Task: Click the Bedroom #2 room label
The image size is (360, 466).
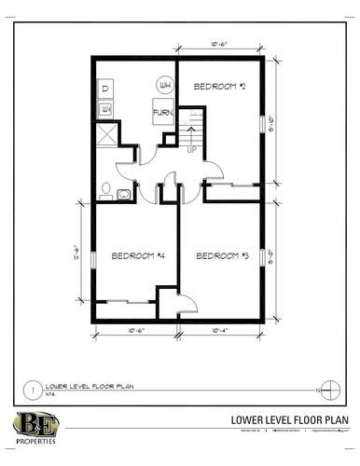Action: [219, 87]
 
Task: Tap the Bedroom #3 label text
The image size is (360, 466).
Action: [219, 254]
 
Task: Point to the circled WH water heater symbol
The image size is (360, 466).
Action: [166, 87]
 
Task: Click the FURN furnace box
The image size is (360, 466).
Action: [163, 116]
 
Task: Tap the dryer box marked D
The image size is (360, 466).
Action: [105, 89]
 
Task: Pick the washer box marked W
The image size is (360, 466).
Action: [105, 109]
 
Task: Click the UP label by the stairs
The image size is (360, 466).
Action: [192, 149]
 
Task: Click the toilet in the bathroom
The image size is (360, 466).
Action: [123, 193]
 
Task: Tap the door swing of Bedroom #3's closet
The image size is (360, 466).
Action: [185, 302]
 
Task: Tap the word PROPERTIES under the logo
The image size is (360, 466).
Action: [35, 443]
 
